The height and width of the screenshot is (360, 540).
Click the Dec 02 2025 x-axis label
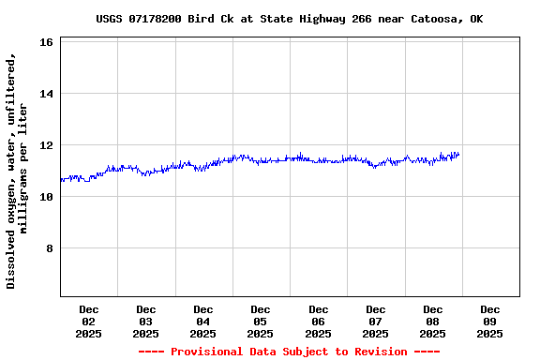[88, 321]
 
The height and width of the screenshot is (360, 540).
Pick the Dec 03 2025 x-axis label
[145, 321]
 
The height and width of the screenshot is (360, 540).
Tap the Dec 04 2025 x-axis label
[202, 321]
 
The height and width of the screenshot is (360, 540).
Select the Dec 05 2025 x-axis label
[261, 321]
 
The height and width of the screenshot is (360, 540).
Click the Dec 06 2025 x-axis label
[318, 321]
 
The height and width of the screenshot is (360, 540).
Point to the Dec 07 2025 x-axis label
[375, 321]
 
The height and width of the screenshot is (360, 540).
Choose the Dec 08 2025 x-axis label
[432, 321]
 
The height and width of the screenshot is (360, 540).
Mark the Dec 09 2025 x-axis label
[489, 321]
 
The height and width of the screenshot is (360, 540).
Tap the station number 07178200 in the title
[158, 19]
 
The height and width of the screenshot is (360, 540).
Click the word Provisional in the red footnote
[210, 352]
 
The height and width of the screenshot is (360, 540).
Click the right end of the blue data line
[458, 155]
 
